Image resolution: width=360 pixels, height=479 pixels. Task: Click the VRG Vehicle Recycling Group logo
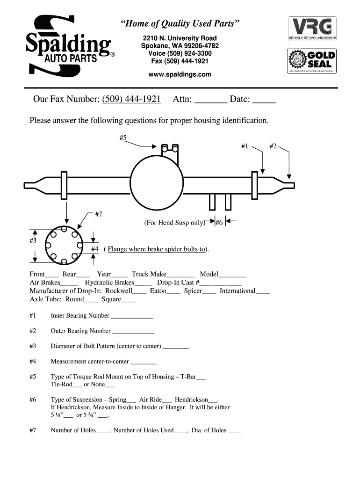tap(312, 29)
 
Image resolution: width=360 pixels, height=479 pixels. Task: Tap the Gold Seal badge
tap(312, 61)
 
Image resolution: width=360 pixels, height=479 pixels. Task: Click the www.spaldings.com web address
tap(180, 74)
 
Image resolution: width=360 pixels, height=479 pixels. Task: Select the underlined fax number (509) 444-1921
tap(131, 99)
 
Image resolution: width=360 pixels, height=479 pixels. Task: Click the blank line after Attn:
tap(211, 102)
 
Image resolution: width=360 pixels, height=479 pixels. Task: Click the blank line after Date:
tap(264, 102)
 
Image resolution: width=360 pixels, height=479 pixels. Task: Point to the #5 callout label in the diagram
tap(123, 138)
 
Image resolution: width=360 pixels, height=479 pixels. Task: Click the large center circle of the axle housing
tap(157, 156)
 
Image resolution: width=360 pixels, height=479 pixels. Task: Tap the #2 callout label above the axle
tap(273, 146)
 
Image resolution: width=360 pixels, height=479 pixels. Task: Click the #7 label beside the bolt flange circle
tap(98, 214)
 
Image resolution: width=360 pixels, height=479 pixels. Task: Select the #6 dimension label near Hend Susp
tap(219, 222)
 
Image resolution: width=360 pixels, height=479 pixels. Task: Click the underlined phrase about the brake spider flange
tap(156, 249)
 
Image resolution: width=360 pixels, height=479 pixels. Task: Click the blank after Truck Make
tap(180, 277)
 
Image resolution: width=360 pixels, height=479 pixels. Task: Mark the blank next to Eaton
tap(173, 294)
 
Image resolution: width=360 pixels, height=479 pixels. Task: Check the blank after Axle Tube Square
tap(128, 302)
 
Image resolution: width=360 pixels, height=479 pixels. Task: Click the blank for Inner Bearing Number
tap(132, 318)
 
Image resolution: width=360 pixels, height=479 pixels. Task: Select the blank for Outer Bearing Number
tap(133, 333)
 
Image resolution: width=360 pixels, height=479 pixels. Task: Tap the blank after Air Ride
tap(167, 402)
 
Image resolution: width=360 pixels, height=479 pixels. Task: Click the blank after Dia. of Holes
tap(235, 433)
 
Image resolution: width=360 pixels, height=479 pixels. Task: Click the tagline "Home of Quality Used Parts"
tap(180, 23)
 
